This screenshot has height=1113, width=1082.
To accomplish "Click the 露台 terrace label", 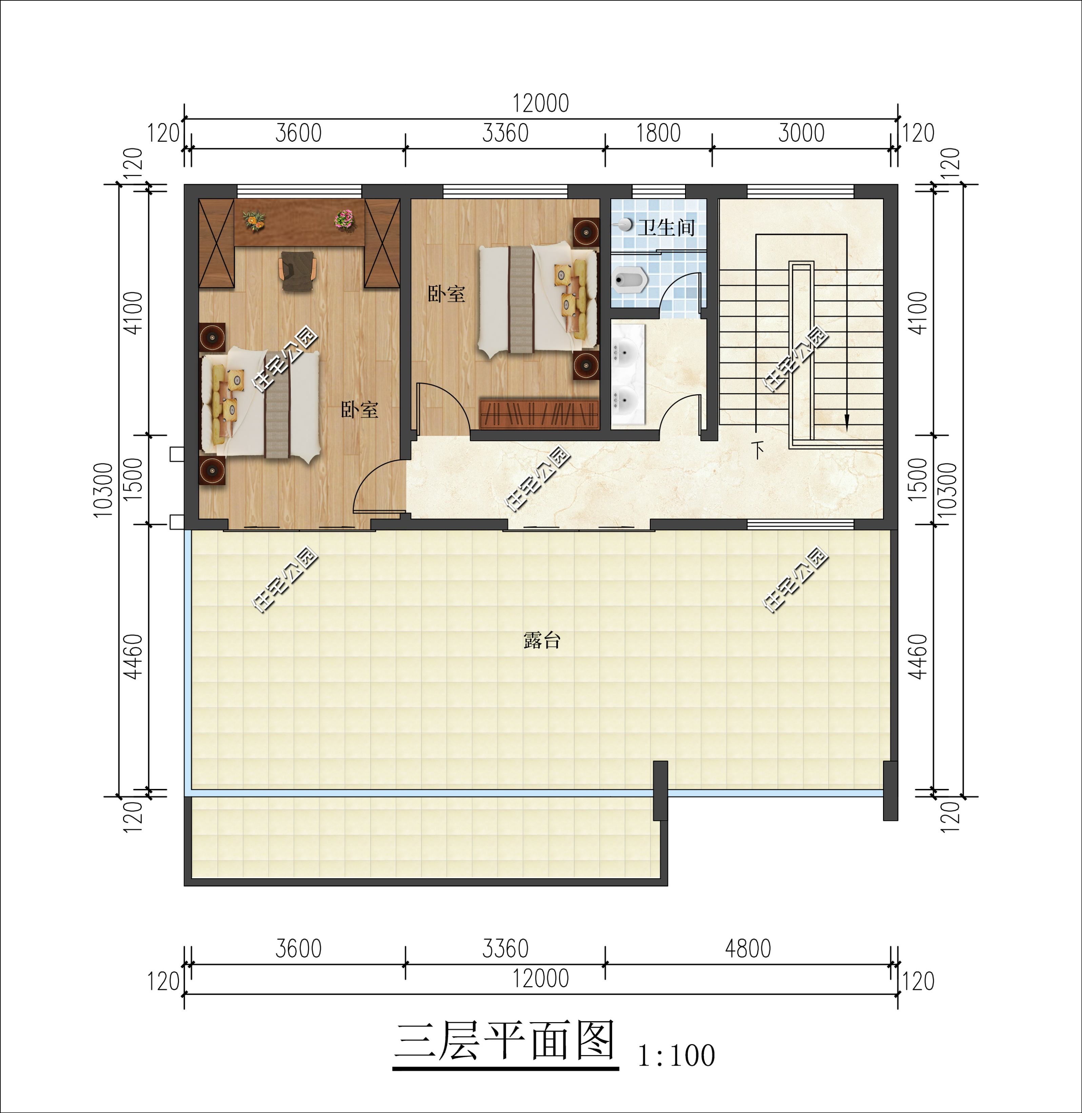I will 542,641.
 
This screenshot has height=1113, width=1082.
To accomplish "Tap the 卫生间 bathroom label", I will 666,227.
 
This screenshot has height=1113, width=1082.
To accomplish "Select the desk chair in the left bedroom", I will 298,271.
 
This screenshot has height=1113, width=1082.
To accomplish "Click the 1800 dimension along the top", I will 658,134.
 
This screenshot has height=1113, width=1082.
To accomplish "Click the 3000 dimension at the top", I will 801,134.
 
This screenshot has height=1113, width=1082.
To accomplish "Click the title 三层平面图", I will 505,1041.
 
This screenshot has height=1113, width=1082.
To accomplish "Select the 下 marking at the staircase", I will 758,450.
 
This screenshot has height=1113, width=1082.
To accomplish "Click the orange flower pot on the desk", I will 254,221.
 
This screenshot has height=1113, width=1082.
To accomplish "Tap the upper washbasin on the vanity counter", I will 624,353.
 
